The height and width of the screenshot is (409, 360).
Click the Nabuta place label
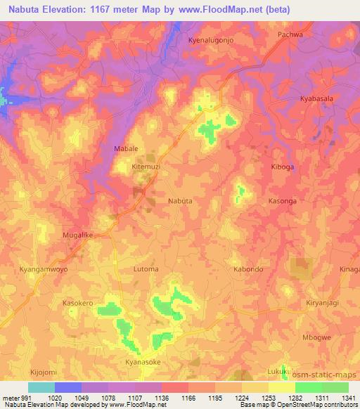pyautogui.click(x=180, y=200)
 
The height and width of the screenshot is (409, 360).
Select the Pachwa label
pyautogui.click(x=290, y=34)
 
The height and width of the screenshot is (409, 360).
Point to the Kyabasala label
pyautogui.click(x=316, y=99)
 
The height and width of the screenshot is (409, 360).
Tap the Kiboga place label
pyautogui.click(x=285, y=167)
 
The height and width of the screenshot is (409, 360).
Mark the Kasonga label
pyautogui.click(x=285, y=201)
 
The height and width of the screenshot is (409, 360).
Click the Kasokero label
pyautogui.click(x=78, y=303)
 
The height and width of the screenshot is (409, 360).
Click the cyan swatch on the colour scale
pyautogui.click(x=41, y=387)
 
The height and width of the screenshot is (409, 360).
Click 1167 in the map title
pyautogui.click(x=109, y=10)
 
